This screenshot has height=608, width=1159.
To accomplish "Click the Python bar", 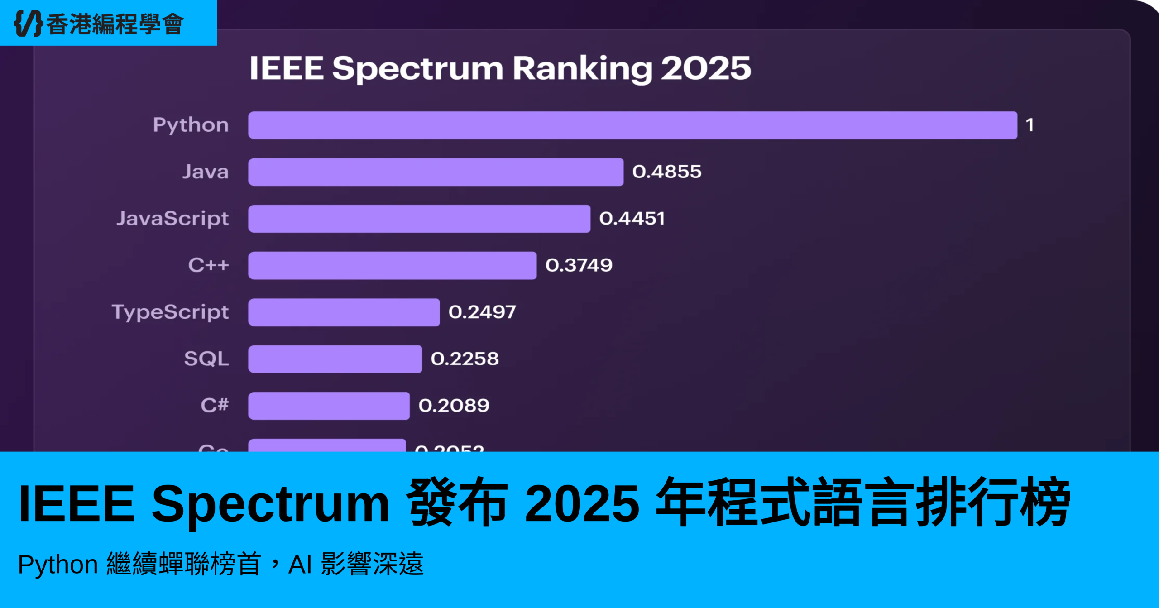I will pyautogui.click(x=632, y=125).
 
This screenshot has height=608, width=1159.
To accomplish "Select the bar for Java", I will pyautogui.click(x=436, y=172).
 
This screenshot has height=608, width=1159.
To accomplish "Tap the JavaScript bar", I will pyautogui.click(x=419, y=219).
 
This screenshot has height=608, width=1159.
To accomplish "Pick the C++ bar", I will pyautogui.click(x=392, y=265).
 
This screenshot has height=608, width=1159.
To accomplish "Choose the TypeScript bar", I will pyautogui.click(x=344, y=312).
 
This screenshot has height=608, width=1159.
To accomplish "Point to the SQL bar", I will pyautogui.click(x=335, y=359).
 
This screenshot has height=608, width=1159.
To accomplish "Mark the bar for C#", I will pyautogui.click(x=329, y=406).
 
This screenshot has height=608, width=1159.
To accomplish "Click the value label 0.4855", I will pyautogui.click(x=666, y=172).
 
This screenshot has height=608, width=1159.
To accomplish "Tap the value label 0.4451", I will pyautogui.click(x=632, y=219).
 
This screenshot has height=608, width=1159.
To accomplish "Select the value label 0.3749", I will pyautogui.click(x=579, y=265).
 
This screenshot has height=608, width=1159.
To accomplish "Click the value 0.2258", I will pyautogui.click(x=465, y=359).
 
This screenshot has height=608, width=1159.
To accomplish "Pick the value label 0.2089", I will pyautogui.click(x=454, y=406).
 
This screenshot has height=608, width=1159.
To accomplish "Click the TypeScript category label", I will pyautogui.click(x=170, y=312).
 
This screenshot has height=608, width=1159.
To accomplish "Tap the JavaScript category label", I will pyautogui.click(x=172, y=219).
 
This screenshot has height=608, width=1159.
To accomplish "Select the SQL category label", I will pyautogui.click(x=206, y=359).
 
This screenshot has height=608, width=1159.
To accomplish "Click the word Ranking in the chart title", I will pyautogui.click(x=582, y=69).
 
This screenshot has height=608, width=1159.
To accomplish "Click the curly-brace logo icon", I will pyautogui.click(x=28, y=23).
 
